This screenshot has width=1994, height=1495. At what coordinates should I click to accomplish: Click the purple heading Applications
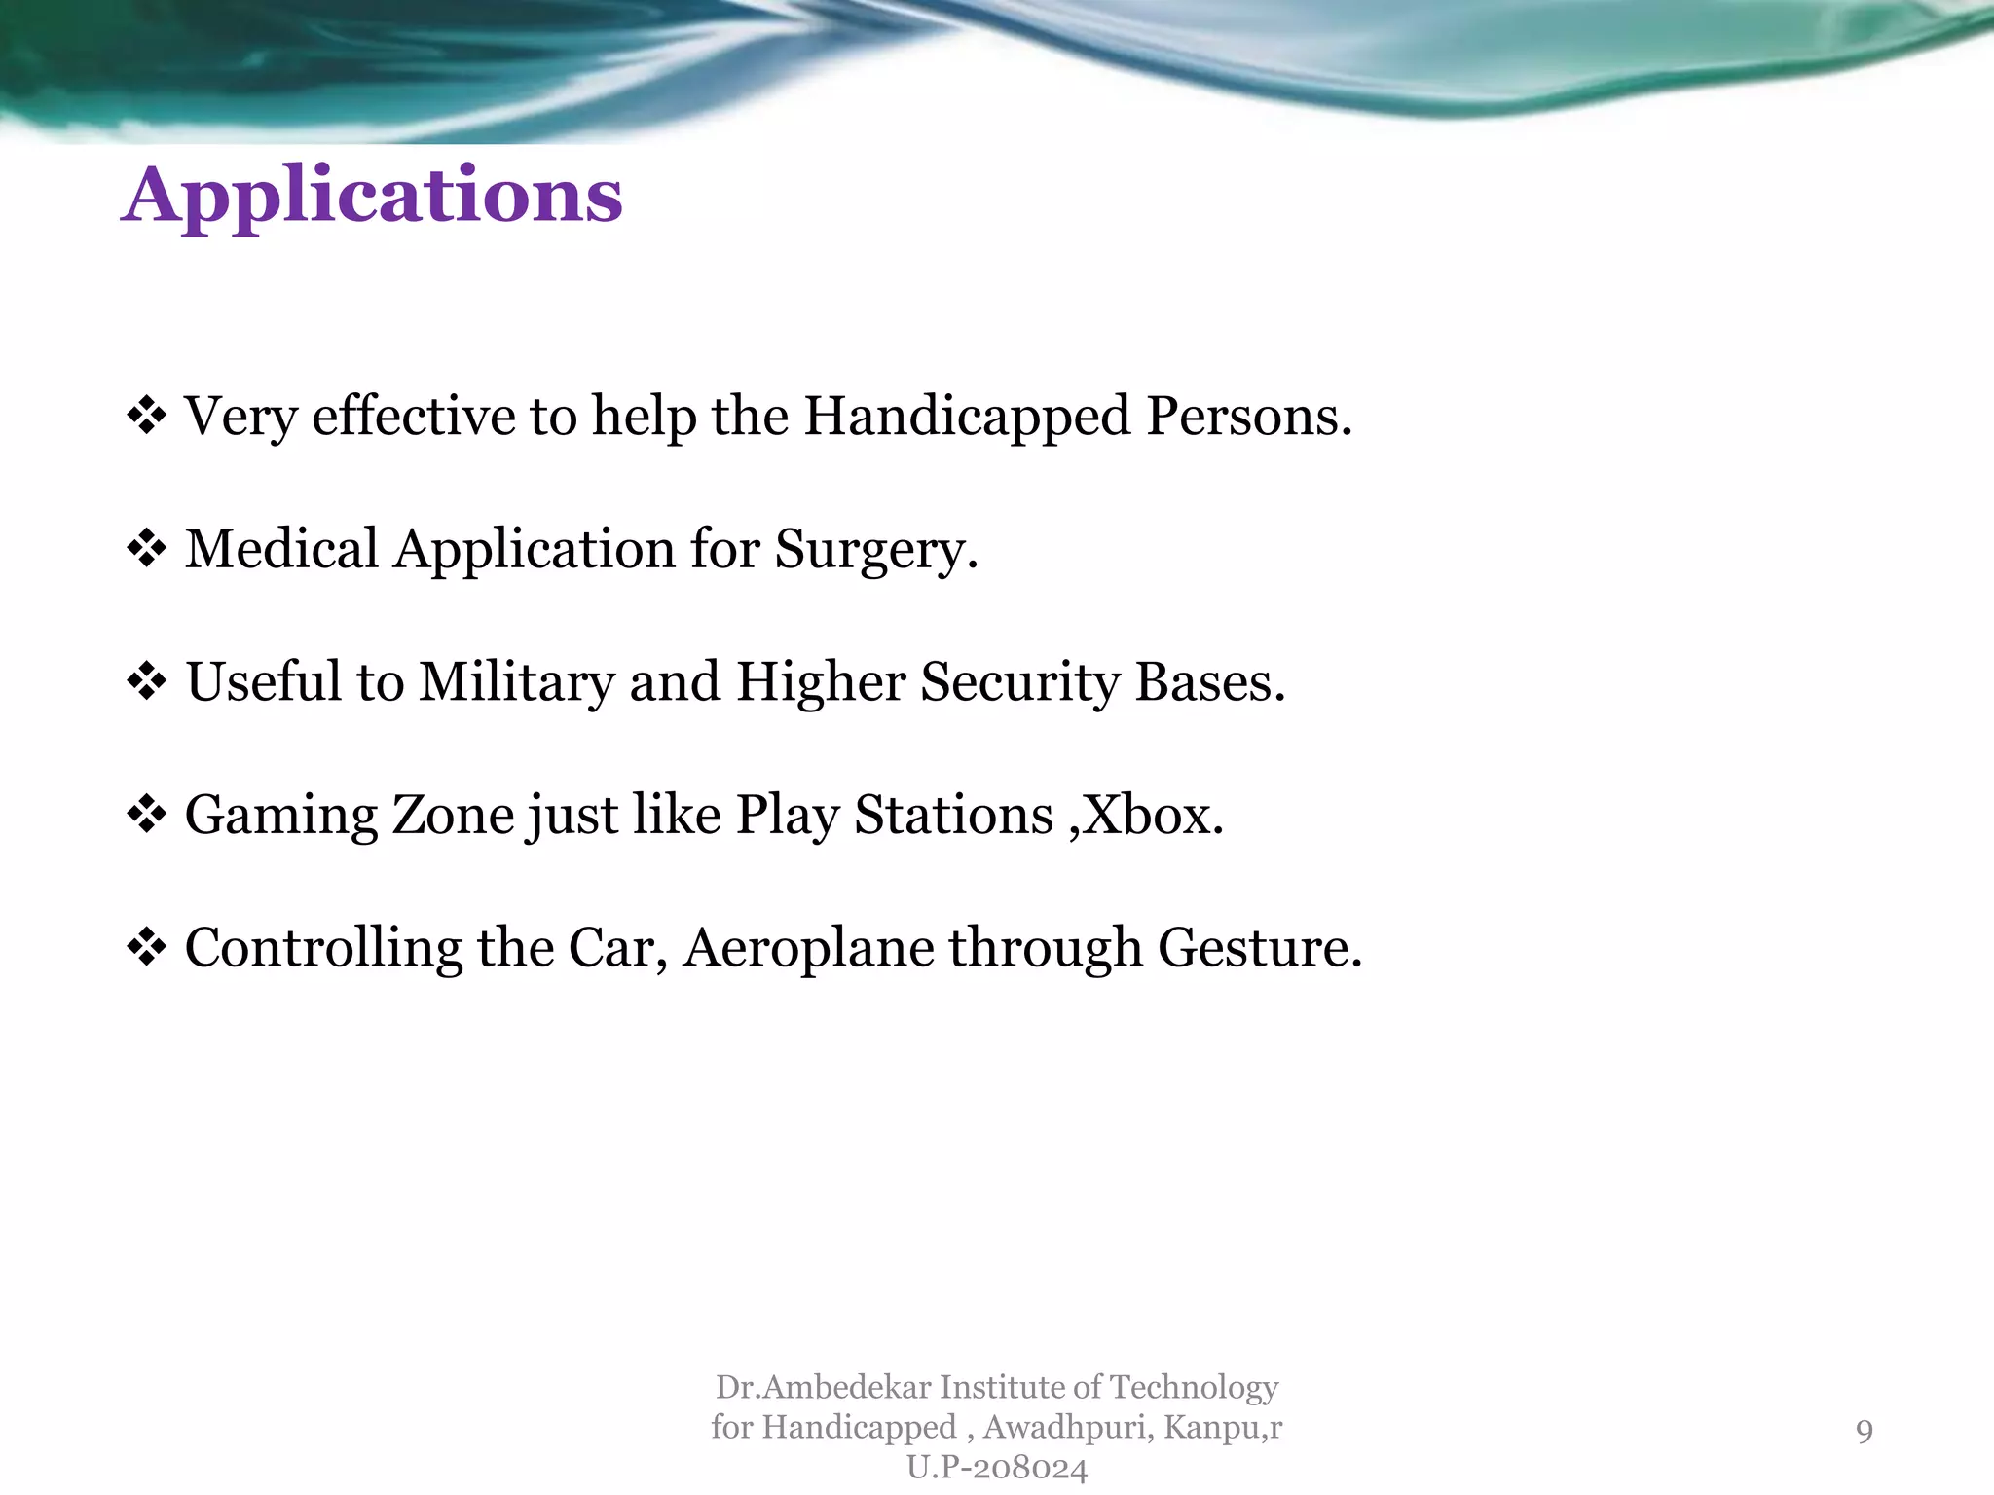(x=371, y=196)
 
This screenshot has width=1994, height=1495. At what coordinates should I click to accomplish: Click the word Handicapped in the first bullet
(x=967, y=417)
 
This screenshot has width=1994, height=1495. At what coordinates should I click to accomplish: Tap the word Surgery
(x=875, y=549)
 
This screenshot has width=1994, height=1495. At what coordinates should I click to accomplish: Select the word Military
(x=517, y=682)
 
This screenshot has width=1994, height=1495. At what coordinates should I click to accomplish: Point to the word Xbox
(x=1153, y=815)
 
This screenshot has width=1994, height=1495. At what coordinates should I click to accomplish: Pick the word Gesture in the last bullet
(x=1259, y=948)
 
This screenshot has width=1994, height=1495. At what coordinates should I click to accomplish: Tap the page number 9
(x=1864, y=1430)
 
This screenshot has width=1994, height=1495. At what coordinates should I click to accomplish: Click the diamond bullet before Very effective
(x=146, y=417)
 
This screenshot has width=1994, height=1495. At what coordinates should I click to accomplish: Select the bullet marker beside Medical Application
(x=146, y=550)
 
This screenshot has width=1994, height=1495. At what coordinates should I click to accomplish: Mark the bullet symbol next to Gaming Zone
(x=146, y=815)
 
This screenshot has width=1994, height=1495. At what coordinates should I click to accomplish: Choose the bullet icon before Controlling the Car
(x=146, y=948)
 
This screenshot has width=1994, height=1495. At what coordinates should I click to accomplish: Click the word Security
(x=1020, y=682)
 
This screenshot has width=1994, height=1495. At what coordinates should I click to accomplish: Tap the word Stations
(x=953, y=815)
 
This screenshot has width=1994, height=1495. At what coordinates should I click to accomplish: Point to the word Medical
(x=281, y=549)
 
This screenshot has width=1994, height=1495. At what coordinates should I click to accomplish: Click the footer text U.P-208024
(x=996, y=1468)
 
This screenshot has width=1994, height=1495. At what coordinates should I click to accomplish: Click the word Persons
(x=1249, y=417)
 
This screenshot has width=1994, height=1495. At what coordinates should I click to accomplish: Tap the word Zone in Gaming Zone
(x=453, y=815)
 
